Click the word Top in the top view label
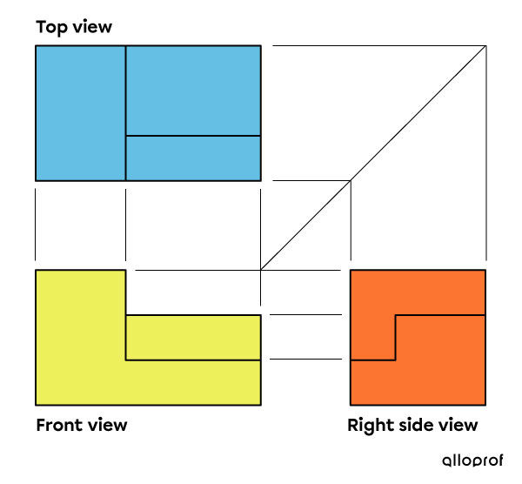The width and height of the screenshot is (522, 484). [51, 27]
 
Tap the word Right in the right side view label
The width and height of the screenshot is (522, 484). [371, 426]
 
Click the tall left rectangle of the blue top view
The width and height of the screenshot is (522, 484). [80, 112]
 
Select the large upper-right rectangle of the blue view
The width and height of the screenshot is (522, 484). [193, 91]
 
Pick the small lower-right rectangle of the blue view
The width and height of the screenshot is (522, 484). [193, 158]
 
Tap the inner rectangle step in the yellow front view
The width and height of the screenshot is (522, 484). [193, 337]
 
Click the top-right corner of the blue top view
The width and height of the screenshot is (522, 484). [260, 46]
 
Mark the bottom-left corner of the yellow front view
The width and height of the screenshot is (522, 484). [36, 405]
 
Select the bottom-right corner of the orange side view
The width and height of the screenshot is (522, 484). [485, 405]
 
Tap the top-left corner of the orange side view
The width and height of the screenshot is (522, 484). [351, 271]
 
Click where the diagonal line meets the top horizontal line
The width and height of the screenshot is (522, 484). [485, 46]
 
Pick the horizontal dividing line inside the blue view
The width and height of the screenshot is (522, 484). [193, 136]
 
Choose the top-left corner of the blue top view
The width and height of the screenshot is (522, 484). [36, 46]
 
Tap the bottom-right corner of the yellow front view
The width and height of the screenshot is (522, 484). [260, 405]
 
